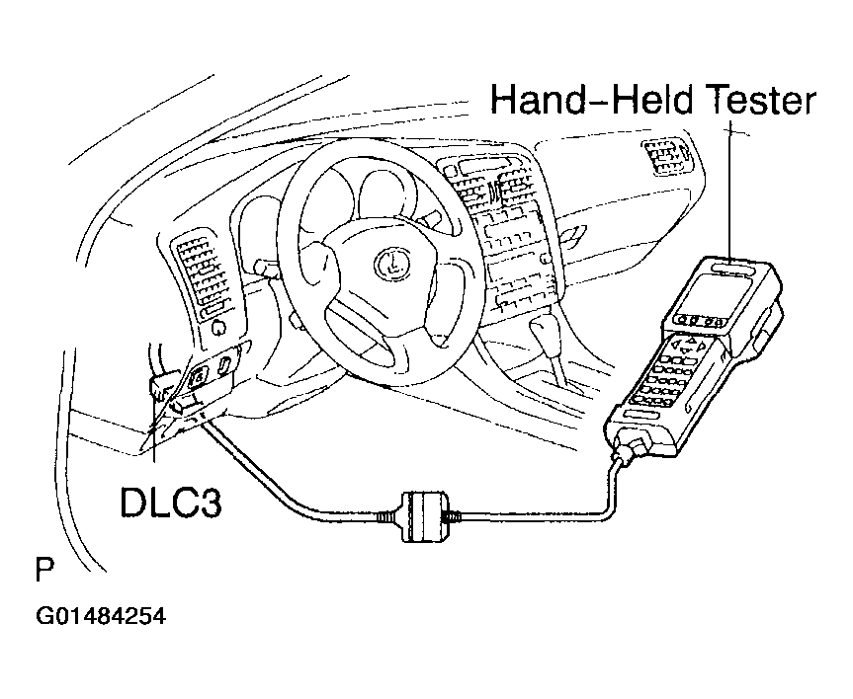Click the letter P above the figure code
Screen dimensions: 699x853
point(43,572)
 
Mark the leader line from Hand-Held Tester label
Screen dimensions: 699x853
point(731,188)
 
